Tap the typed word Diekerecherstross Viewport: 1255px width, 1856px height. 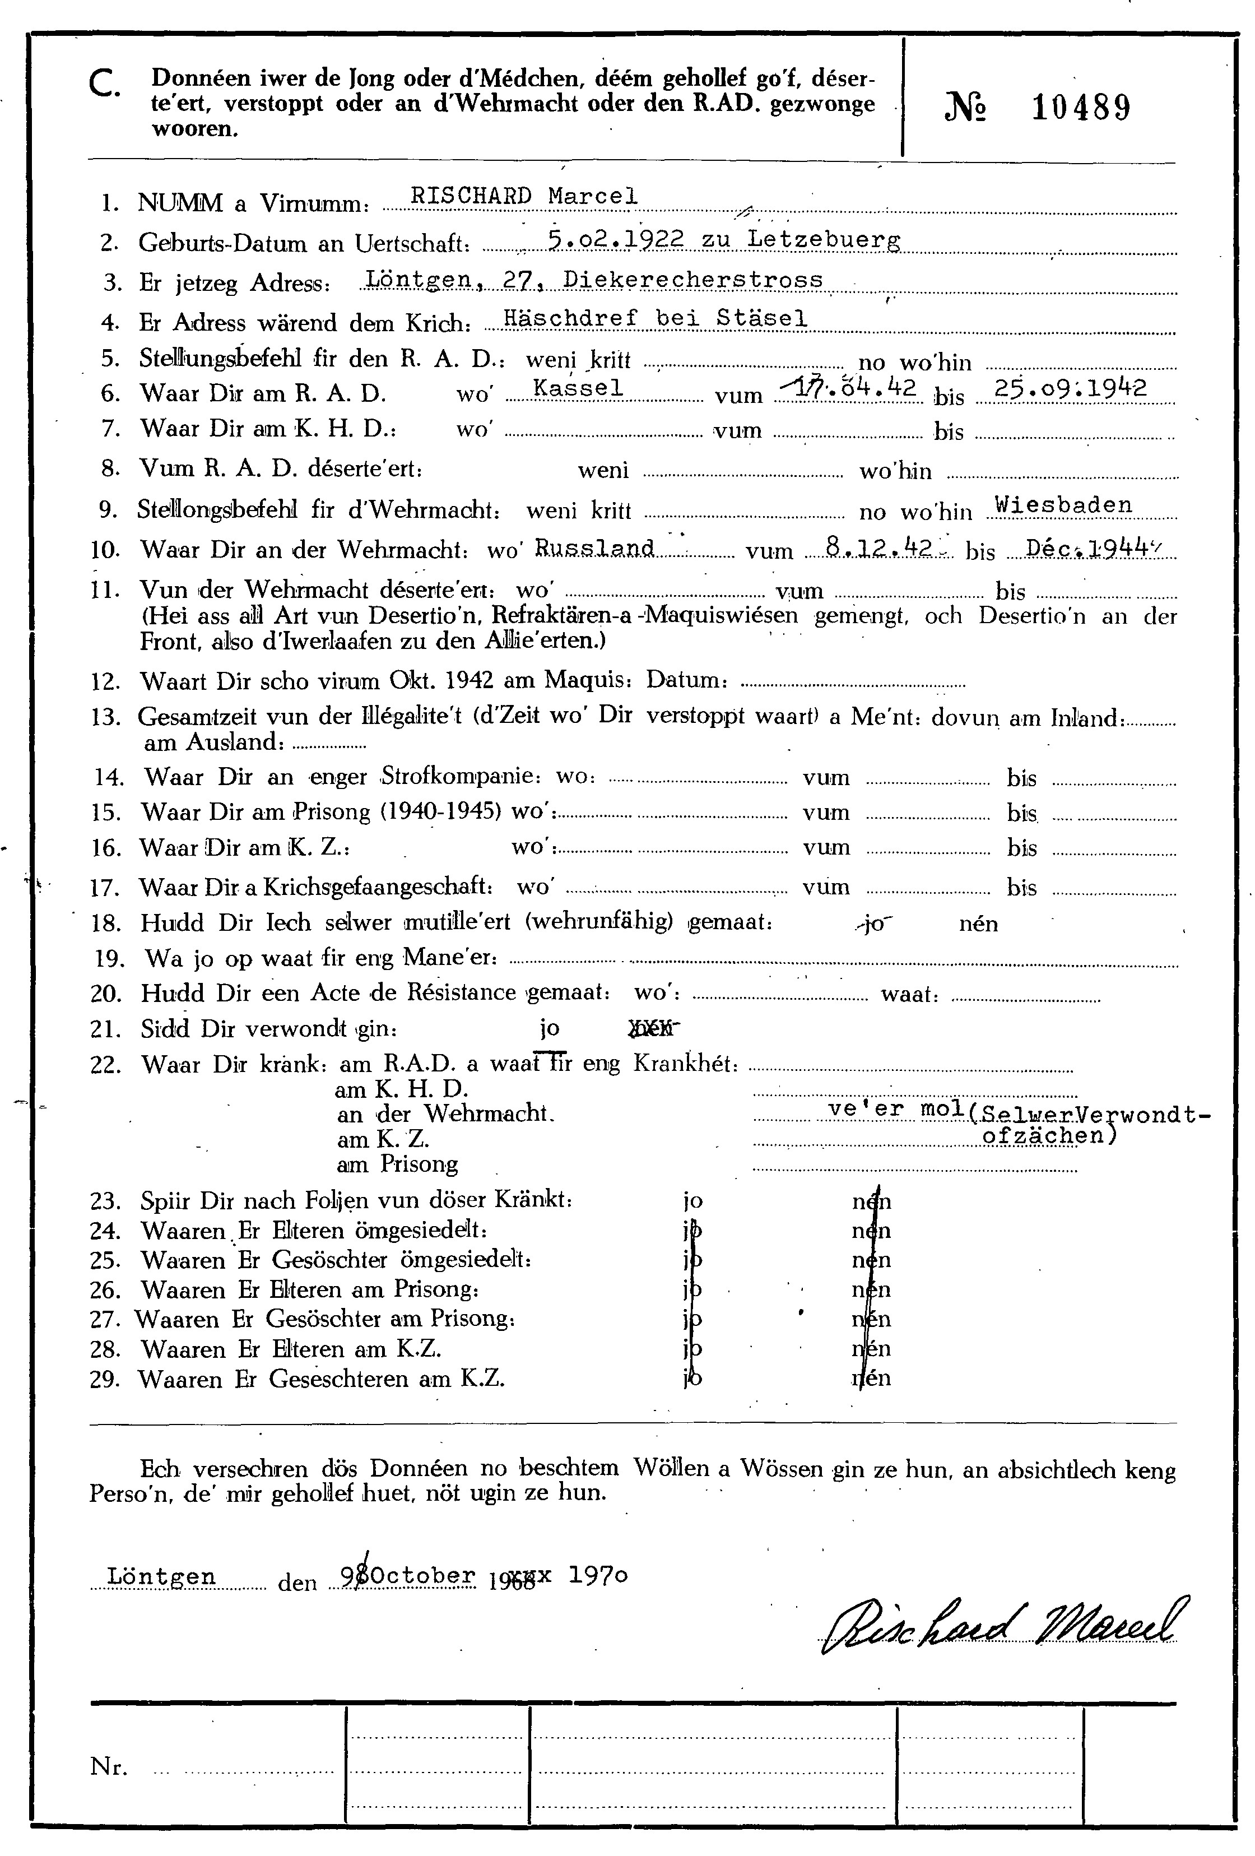[x=693, y=279]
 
